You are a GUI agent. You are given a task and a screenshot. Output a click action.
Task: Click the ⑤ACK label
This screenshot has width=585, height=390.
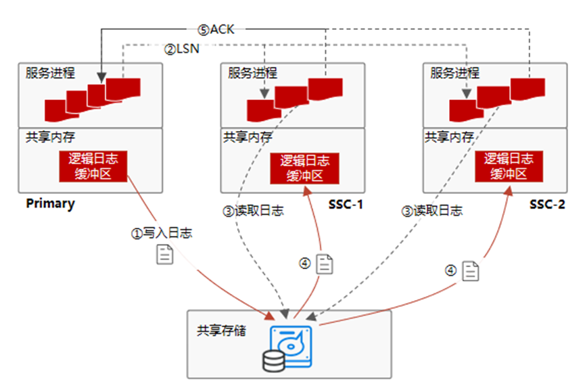[x=216, y=29]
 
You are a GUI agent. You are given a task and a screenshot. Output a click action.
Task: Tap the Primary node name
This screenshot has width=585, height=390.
[x=51, y=203]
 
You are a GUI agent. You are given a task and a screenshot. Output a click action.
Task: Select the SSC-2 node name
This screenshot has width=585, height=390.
[x=547, y=203]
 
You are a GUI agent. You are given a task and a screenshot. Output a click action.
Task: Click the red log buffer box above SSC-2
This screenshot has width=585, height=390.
[x=509, y=166]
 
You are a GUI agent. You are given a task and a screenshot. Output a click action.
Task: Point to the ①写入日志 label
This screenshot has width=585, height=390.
[x=161, y=233]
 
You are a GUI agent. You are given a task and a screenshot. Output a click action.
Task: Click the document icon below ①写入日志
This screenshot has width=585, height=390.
[x=165, y=255]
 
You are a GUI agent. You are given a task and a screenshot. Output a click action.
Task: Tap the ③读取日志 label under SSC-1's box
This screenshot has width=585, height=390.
[x=253, y=210]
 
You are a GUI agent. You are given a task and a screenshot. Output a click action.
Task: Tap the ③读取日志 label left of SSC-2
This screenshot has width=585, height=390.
[x=431, y=210]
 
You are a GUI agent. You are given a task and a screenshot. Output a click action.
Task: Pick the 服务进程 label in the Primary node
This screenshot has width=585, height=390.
[x=51, y=73]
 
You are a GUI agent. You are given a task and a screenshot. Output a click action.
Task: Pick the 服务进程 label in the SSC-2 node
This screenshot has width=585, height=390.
[x=455, y=73]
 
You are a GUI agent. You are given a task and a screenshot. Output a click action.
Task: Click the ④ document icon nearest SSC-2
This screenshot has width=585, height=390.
[x=471, y=271]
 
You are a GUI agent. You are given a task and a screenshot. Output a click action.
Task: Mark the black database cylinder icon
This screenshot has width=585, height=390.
[x=273, y=361]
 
